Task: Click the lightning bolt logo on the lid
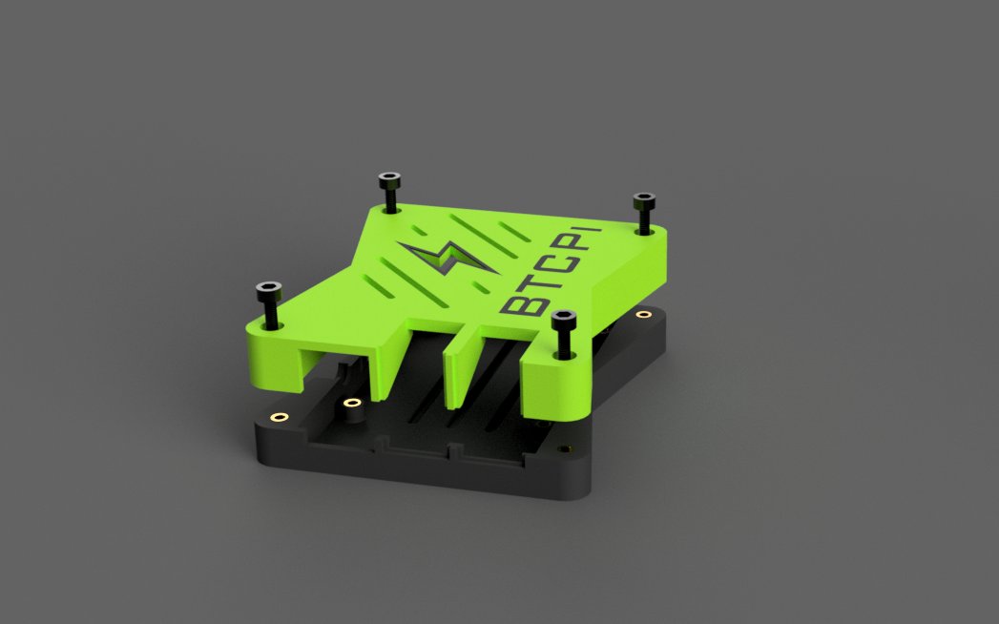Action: click(447, 257)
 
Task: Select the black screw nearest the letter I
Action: click(644, 213)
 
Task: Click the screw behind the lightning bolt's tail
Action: click(389, 191)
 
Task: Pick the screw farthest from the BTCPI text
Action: click(269, 304)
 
